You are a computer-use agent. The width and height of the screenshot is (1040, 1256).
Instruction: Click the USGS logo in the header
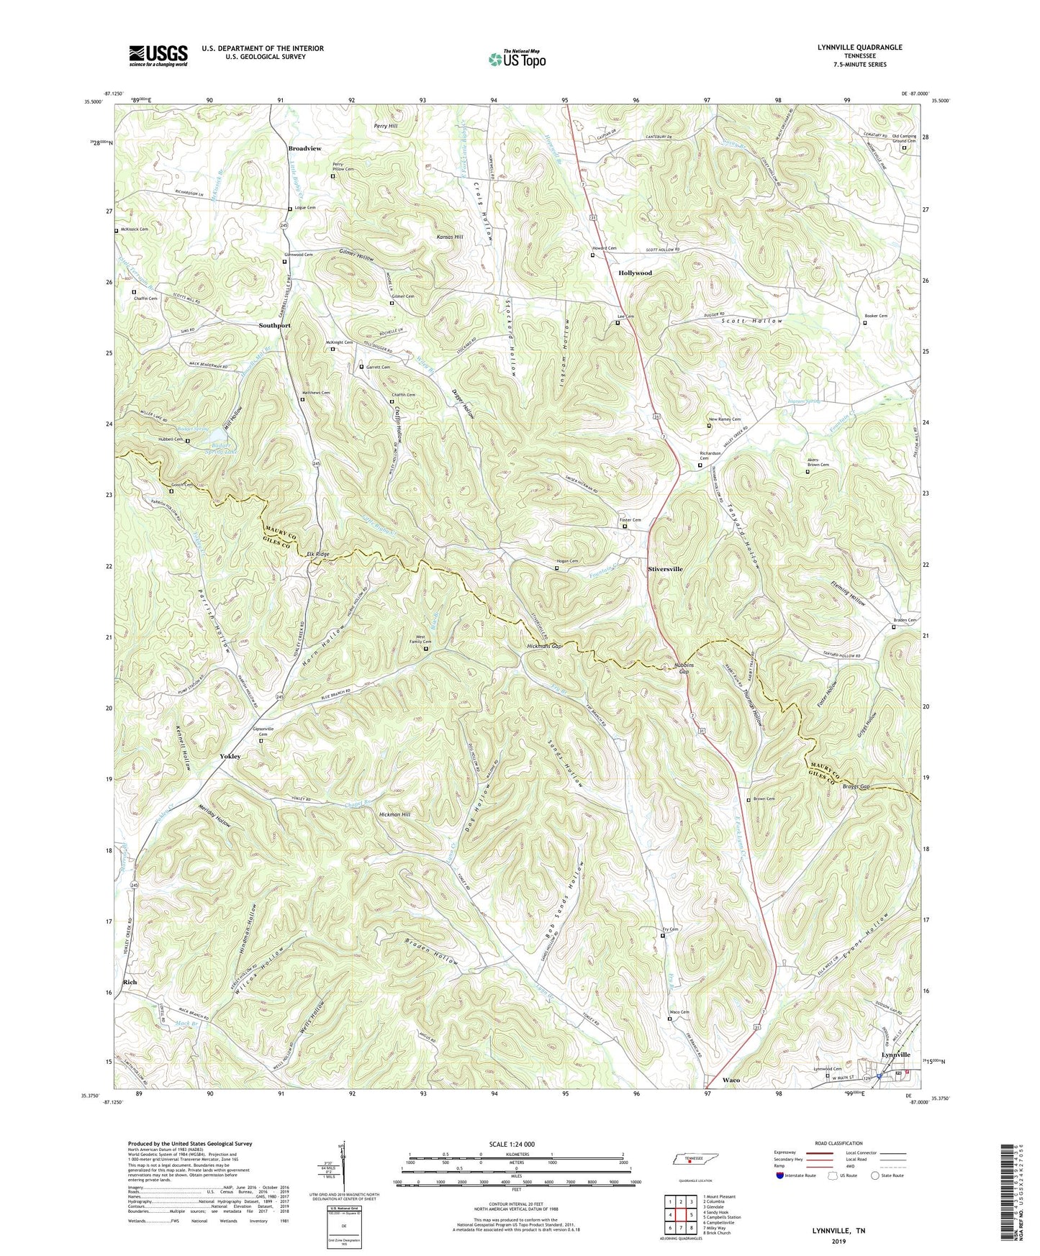[158, 55]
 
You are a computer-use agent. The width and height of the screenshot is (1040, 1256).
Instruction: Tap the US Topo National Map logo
[517, 59]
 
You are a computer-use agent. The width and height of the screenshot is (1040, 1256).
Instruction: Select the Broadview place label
[304, 148]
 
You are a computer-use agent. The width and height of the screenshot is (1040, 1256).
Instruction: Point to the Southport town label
[275, 325]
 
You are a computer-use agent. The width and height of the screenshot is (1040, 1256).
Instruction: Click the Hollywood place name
[635, 273]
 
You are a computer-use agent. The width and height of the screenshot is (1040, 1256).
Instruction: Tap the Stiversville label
[665, 569]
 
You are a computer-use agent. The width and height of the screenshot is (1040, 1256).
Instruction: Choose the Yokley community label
[230, 757]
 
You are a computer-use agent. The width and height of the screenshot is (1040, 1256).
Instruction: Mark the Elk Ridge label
[317, 554]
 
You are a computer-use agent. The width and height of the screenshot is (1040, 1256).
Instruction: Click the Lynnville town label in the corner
[896, 1055]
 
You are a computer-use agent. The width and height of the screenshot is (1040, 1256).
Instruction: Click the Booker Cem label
[876, 316]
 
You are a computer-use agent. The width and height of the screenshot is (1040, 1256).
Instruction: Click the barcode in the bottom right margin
[1009, 1194]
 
